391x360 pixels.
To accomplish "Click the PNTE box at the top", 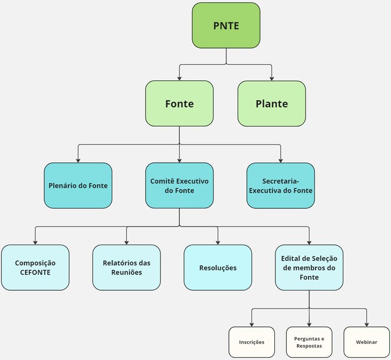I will click(226, 25).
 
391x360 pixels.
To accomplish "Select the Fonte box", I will click(179, 104).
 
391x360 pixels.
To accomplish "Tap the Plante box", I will click(272, 104).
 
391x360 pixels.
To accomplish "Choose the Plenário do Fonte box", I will click(78, 185).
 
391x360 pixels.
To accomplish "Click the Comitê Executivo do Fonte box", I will click(179, 185).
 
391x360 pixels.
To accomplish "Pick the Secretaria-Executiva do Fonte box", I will click(280, 185).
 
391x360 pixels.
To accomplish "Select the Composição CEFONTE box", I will click(35, 267).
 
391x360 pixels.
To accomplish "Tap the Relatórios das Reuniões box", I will click(126, 267).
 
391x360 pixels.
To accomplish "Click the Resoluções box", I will click(218, 267).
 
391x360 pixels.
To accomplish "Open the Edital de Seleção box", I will click(309, 267).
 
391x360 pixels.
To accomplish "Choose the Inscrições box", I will click(252, 342).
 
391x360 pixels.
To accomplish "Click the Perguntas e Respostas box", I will click(309, 342).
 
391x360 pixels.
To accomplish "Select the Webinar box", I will click(366, 342).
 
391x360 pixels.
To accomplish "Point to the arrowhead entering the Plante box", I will click(272, 78).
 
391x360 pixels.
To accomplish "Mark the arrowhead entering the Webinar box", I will click(366, 323).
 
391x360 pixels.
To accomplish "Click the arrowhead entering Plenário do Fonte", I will click(78, 160).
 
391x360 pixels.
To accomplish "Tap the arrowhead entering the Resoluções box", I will click(218, 242).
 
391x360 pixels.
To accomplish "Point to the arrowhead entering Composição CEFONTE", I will click(35, 242).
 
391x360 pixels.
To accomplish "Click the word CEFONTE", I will click(35, 273).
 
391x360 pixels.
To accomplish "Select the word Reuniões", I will click(126, 273).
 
